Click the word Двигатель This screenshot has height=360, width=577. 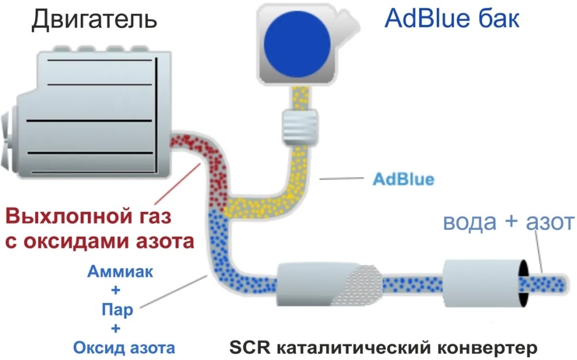point(95,20)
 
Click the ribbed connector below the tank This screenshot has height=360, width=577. point(299,125)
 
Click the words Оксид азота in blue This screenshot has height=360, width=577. point(123,348)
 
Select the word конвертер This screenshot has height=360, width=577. point(487,348)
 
